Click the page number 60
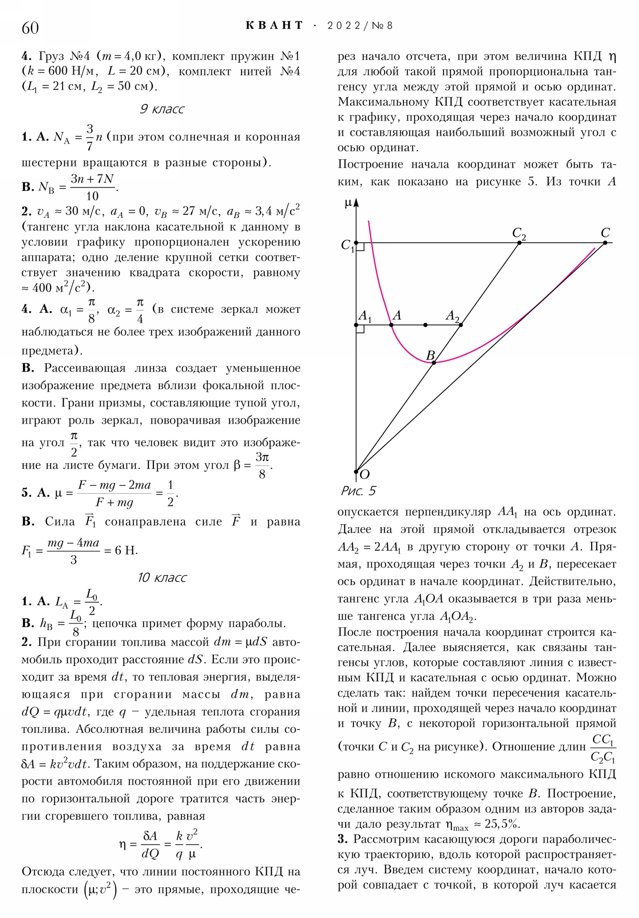pyautogui.click(x=30, y=28)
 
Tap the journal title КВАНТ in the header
pyautogui.click(x=274, y=26)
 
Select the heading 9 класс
pyautogui.click(x=162, y=109)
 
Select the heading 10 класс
pyautogui.click(x=162, y=578)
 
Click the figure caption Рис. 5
pyautogui.click(x=358, y=491)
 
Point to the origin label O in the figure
pyautogui.click(x=365, y=475)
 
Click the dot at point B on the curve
pyautogui.click(x=434, y=363)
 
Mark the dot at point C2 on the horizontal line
pyautogui.click(x=519, y=243)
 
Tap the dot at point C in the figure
pyautogui.click(x=605, y=243)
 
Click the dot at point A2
pyautogui.click(x=461, y=325)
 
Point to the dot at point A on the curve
pyautogui.click(x=391, y=325)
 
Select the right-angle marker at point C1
pyautogui.click(x=361, y=247)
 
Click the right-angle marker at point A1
pyautogui.click(x=361, y=329)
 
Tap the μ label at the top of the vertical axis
pyautogui.click(x=348, y=204)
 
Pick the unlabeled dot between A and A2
pyautogui.click(x=425, y=325)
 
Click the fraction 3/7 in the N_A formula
pyautogui.click(x=89, y=137)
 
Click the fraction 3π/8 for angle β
pyautogui.click(x=262, y=465)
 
